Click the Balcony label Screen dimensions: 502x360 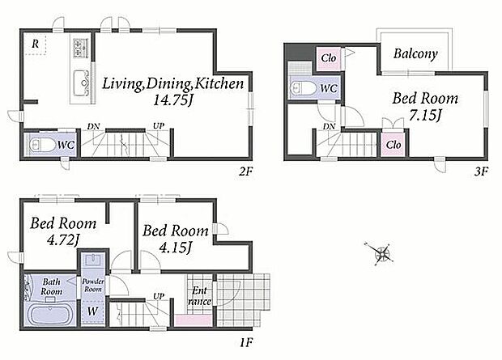coord(415,53)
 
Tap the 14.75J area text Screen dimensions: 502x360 coord(173,100)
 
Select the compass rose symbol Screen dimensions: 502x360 coord(381,254)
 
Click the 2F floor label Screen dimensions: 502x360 coord(246,172)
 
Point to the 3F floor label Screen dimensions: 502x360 coord(481,172)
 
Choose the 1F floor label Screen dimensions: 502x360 coord(247,343)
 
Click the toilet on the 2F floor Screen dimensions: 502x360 coord(42,145)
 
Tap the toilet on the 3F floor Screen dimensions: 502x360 coord(304,88)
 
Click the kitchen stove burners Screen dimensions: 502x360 coord(81,48)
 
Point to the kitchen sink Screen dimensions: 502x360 coord(81,83)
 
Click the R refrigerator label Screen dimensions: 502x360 coord(35,44)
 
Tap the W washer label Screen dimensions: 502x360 coord(92,311)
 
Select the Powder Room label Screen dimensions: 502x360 coord(93,285)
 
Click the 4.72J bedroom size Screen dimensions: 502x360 coord(63,239)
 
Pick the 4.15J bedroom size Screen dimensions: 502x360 coord(176,247)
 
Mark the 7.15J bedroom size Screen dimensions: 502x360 coord(425,115)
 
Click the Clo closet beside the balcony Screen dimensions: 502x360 coord(329,58)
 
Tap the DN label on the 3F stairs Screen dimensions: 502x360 coord(329,126)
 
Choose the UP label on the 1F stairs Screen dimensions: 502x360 coord(159,296)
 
